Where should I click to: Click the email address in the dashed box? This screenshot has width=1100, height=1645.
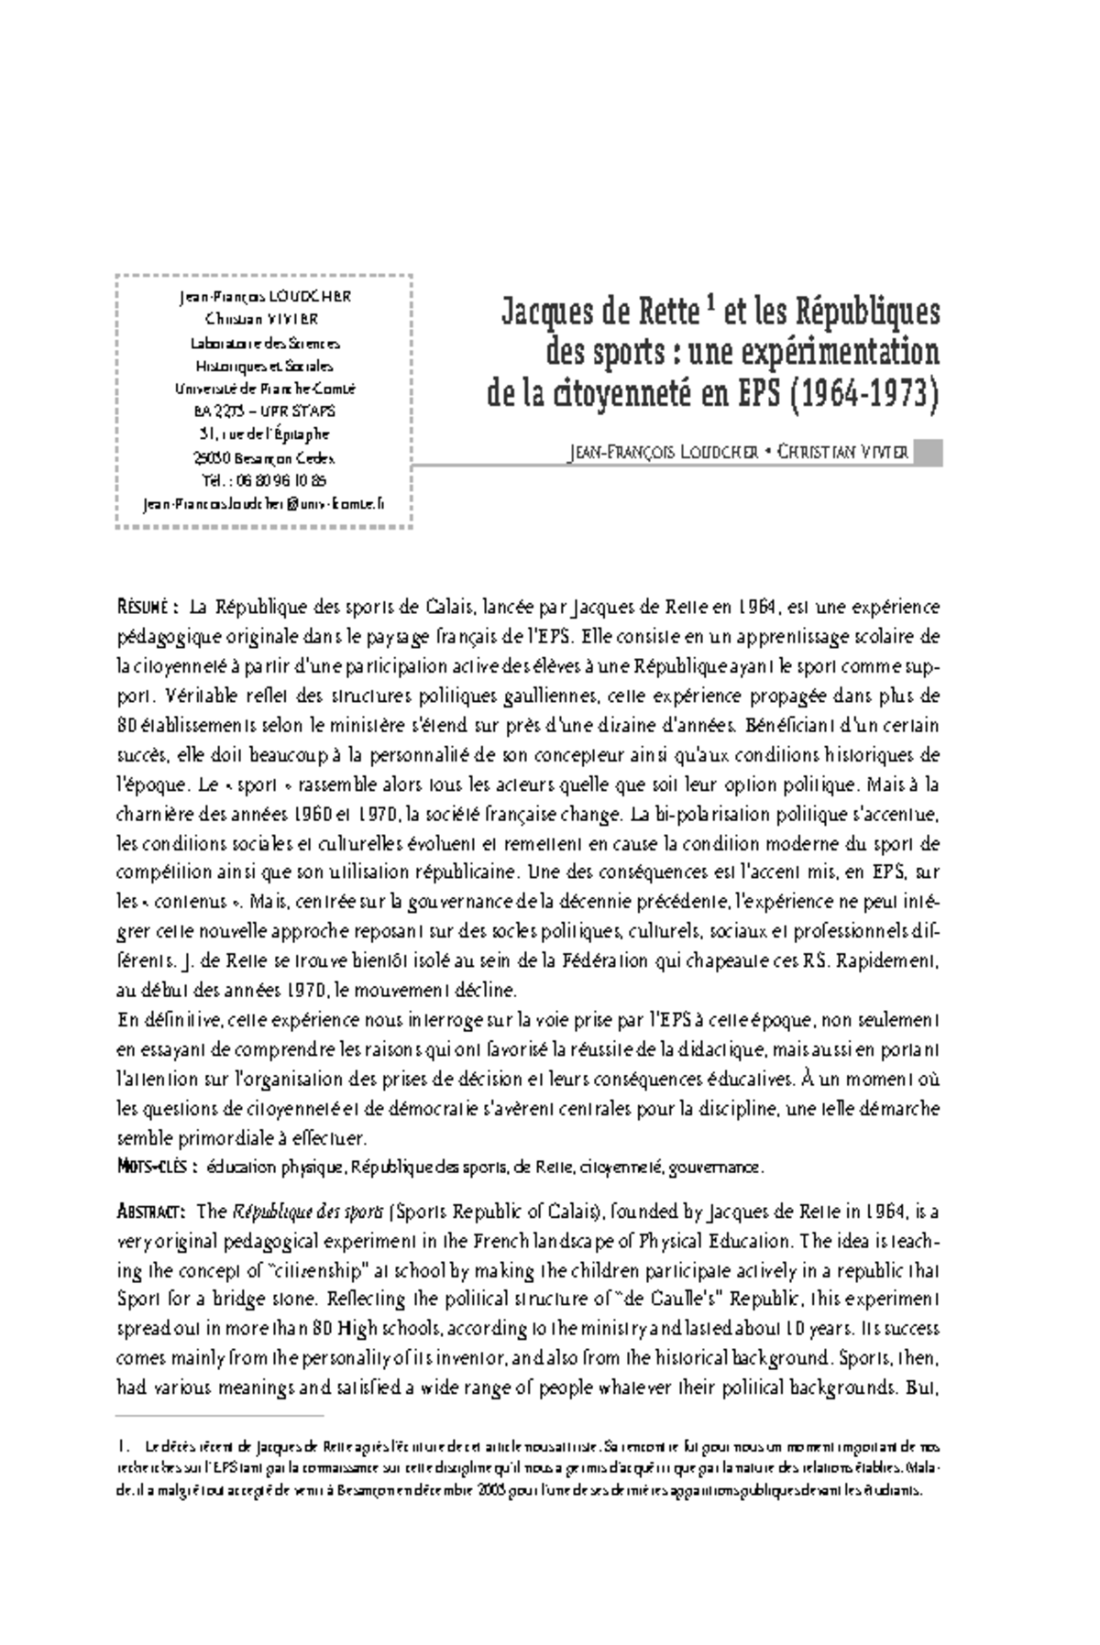(x=265, y=503)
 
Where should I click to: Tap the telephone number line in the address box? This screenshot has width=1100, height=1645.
(x=265, y=480)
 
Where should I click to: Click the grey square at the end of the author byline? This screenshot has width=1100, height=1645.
(x=929, y=453)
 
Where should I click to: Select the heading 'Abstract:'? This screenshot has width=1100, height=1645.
(x=153, y=1212)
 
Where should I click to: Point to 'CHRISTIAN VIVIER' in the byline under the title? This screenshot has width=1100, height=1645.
(x=842, y=453)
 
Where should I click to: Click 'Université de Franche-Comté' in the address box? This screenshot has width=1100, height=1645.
(x=265, y=389)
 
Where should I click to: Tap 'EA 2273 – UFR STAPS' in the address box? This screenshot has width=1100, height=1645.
(x=265, y=411)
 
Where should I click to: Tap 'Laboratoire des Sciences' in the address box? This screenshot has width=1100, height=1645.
(x=265, y=344)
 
